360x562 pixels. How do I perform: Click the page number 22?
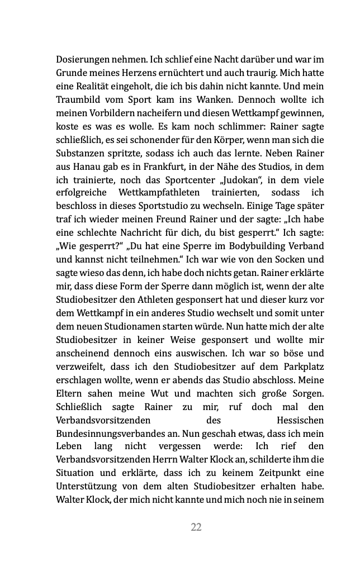196,527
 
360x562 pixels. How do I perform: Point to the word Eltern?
70,393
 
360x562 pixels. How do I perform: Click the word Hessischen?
300,420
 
